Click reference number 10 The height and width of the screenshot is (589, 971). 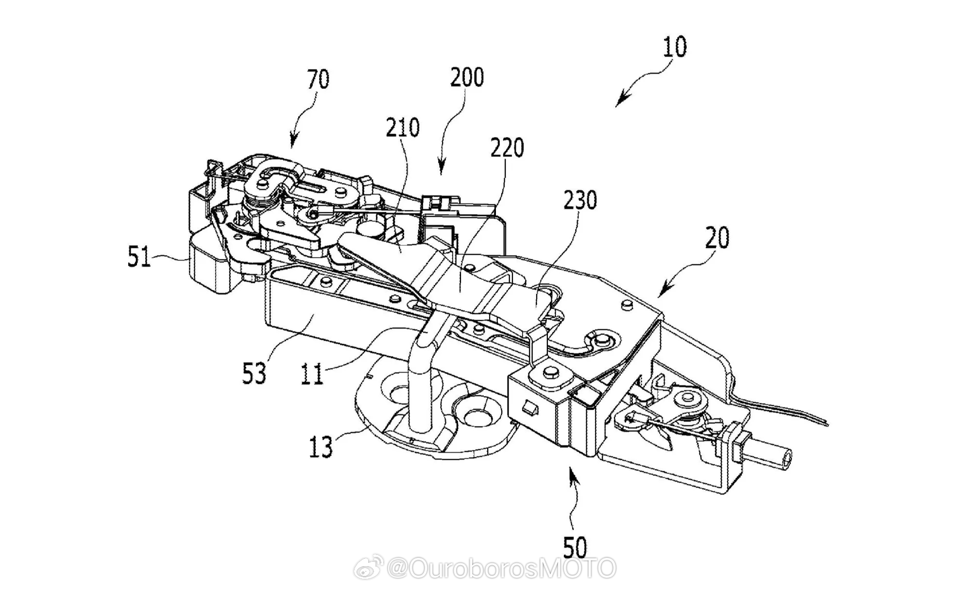pos(675,48)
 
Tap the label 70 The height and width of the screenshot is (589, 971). pos(318,79)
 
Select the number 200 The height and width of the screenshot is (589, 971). pos(467,78)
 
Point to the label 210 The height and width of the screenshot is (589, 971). pos(403,128)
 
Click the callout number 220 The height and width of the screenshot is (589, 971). pos(507,148)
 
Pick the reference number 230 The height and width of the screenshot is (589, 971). pos(580,200)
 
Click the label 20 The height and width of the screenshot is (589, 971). pos(717,239)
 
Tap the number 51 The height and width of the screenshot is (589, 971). pos(139,257)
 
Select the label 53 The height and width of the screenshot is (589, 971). pos(254,374)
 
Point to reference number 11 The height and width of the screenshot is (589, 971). pos(311,374)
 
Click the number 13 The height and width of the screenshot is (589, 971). pos(321,447)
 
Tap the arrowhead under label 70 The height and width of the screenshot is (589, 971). pos(292,140)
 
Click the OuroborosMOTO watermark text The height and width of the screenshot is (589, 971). pos(501,568)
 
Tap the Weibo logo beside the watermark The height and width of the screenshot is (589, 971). pos(369,568)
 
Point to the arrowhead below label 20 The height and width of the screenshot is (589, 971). pos(665,291)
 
